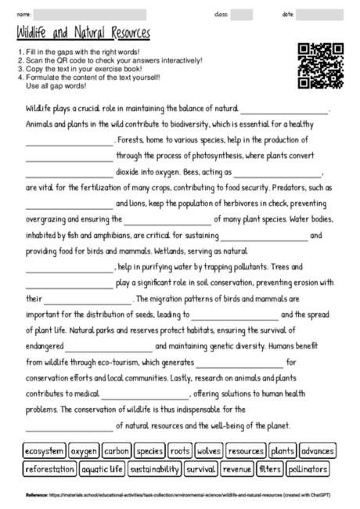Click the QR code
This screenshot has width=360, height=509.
pos(321,65)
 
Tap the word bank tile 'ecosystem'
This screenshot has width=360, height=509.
pos(43,452)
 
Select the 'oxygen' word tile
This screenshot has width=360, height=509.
pos(84,452)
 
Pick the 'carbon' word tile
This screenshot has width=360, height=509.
pos(117,452)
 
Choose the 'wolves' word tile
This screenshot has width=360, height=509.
pos(209,452)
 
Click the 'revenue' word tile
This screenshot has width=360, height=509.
pos(236,470)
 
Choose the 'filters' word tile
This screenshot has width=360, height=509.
pos(270,470)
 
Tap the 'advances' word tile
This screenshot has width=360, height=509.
pos(317,452)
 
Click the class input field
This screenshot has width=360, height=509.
pos(242,14)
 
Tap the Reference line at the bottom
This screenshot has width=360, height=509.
pos(179,496)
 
